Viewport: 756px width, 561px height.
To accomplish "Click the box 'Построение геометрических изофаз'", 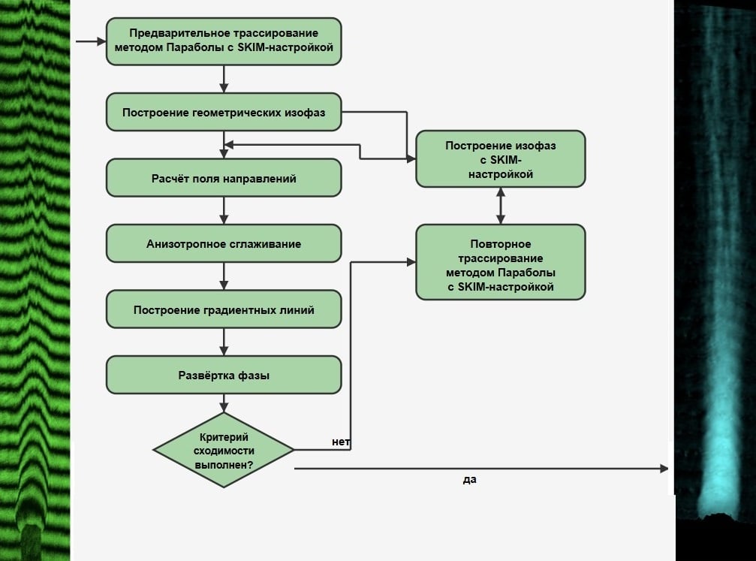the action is (x=224, y=112).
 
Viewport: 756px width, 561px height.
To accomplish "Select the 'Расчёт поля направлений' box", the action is (x=224, y=178).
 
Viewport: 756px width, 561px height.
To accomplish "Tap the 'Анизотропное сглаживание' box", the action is (x=224, y=243).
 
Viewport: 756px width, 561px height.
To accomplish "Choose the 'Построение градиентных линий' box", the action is (x=224, y=309).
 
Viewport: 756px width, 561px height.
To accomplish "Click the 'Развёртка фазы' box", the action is (x=224, y=375).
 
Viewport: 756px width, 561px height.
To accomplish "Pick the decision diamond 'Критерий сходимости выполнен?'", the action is (x=224, y=450).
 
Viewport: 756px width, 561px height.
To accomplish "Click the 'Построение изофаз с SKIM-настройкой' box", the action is (x=501, y=158).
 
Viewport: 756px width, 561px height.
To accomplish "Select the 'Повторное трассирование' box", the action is (x=501, y=262).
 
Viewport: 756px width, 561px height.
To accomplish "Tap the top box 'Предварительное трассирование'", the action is (x=224, y=41).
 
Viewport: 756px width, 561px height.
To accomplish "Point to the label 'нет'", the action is (x=341, y=442).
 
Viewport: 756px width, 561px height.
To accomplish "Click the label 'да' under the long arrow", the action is (x=470, y=479).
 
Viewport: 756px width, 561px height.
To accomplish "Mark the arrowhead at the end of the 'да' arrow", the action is (x=664, y=469).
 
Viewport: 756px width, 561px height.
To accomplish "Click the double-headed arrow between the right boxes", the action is (x=501, y=206).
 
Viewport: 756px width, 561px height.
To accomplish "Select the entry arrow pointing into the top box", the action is (x=91, y=41).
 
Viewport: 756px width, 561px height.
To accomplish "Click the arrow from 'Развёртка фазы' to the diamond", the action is (x=224, y=403).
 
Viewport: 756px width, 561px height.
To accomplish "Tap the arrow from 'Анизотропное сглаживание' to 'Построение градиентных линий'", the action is (x=224, y=276).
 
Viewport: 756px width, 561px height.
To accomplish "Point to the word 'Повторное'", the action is (x=501, y=244).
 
